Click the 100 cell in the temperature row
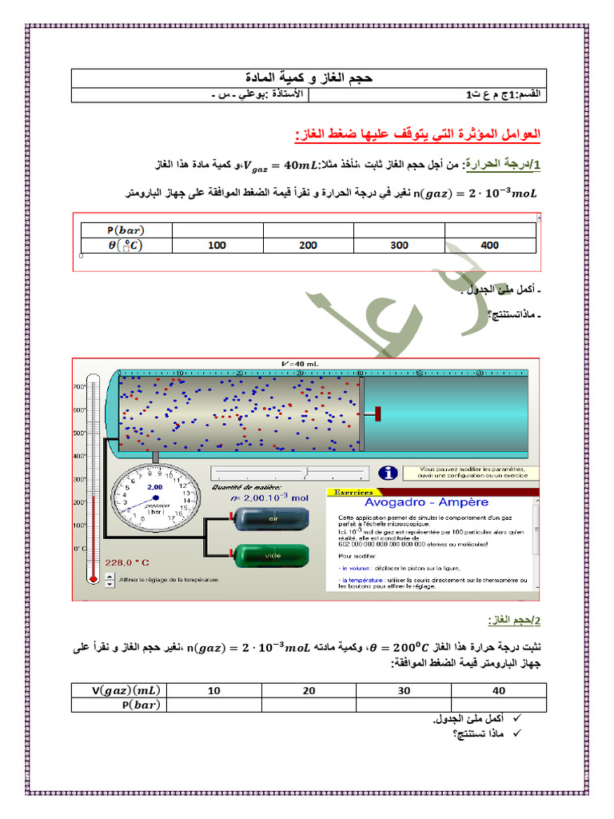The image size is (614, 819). (217, 246)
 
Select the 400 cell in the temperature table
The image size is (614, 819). (490, 246)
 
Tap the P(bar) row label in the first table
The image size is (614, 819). (126, 230)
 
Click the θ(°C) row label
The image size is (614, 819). (126, 246)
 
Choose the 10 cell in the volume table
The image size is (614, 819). (214, 690)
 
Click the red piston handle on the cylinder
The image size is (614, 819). (374, 413)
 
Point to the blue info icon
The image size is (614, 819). (389, 474)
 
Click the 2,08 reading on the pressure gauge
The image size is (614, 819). (154, 487)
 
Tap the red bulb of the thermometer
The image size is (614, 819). (94, 577)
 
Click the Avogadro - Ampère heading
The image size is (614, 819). (426, 502)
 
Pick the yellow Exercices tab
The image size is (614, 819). (353, 493)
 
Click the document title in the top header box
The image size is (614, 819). (307, 78)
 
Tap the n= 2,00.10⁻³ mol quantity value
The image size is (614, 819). (270, 497)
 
